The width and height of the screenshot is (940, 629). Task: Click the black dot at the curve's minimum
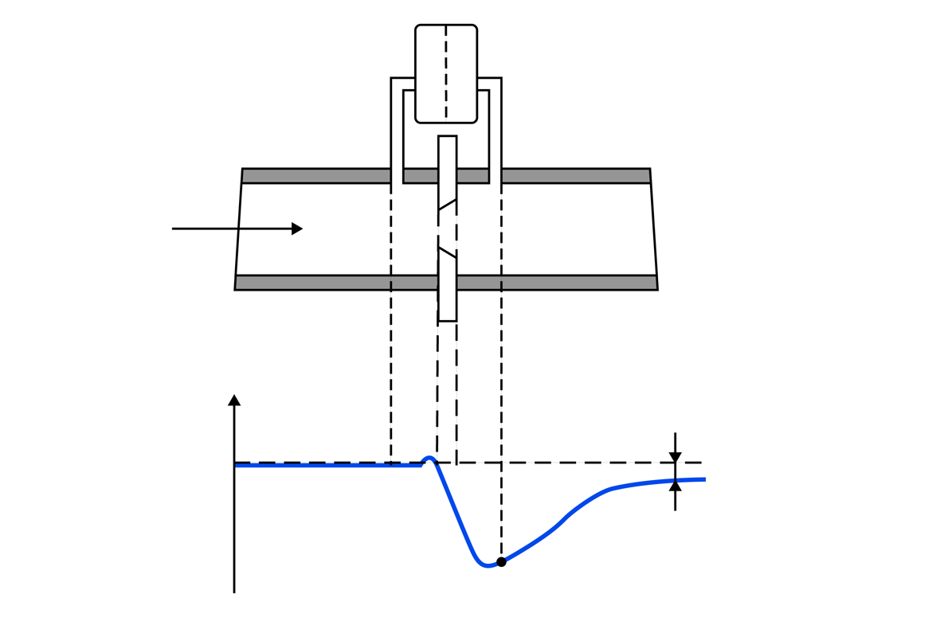(x=501, y=562)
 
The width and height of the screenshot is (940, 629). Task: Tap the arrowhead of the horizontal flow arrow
(x=297, y=229)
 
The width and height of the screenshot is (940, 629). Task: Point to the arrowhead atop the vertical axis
(x=234, y=400)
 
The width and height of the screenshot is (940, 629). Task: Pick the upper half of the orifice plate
(x=447, y=171)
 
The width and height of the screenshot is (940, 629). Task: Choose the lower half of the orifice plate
(x=447, y=287)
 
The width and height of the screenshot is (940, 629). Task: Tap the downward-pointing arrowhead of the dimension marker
(x=675, y=457)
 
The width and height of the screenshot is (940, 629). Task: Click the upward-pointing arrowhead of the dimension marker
(x=675, y=486)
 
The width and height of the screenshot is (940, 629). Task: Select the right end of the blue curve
(x=704, y=479)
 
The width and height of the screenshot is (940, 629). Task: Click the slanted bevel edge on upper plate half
(x=447, y=205)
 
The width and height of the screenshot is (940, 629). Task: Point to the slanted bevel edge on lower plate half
(x=447, y=252)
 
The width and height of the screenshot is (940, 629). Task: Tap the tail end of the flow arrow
(x=174, y=229)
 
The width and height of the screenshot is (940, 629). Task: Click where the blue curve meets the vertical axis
(x=235, y=464)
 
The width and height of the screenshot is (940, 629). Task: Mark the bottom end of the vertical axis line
(x=234, y=592)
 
